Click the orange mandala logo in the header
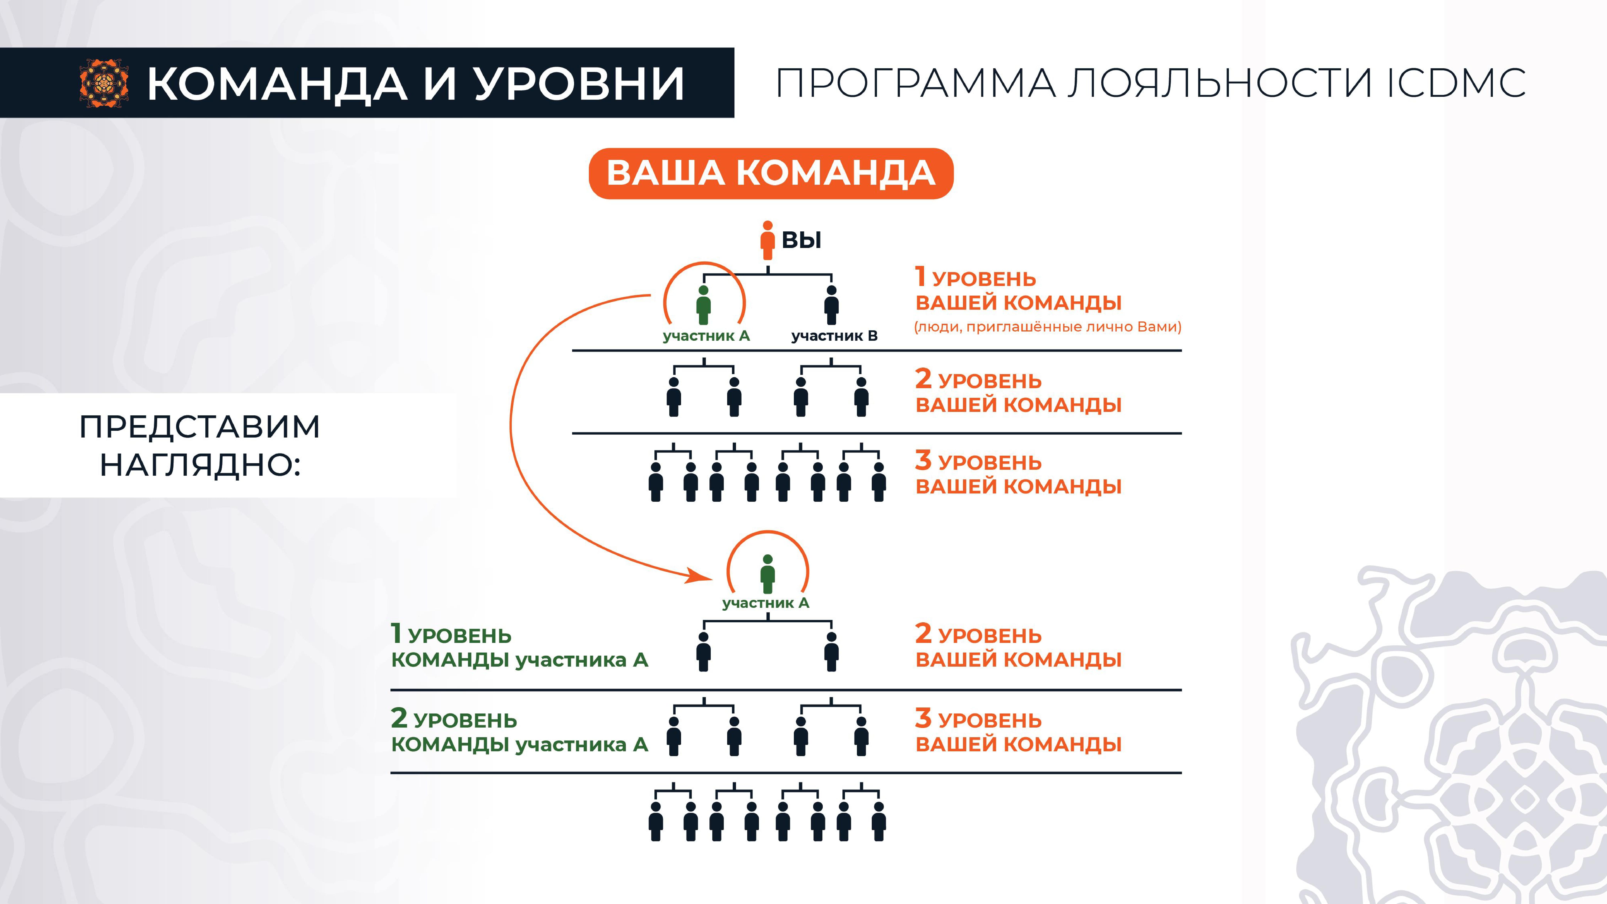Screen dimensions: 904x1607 click(104, 83)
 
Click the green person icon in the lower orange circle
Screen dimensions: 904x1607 click(768, 574)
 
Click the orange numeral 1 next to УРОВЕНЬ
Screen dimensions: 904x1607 click(920, 276)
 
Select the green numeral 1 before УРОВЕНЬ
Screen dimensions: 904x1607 click(395, 633)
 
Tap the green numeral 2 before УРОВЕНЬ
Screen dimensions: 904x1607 click(399, 718)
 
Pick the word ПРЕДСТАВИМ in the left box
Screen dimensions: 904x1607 click(200, 427)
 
